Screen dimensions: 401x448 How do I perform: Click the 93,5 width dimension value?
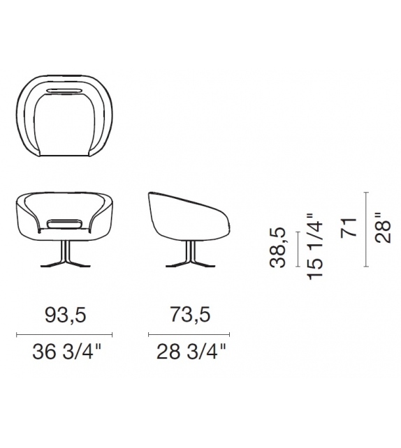click(x=66, y=315)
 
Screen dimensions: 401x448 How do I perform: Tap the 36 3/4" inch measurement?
click(x=66, y=352)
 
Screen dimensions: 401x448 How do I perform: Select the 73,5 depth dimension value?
click(x=190, y=315)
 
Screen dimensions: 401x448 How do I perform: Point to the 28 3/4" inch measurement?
click(x=191, y=352)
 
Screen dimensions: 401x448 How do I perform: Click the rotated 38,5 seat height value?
click(x=278, y=248)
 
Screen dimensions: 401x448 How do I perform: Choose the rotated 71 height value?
click(x=349, y=227)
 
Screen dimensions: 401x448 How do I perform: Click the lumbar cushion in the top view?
click(x=64, y=90)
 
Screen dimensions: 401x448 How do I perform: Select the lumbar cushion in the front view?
click(x=65, y=224)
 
